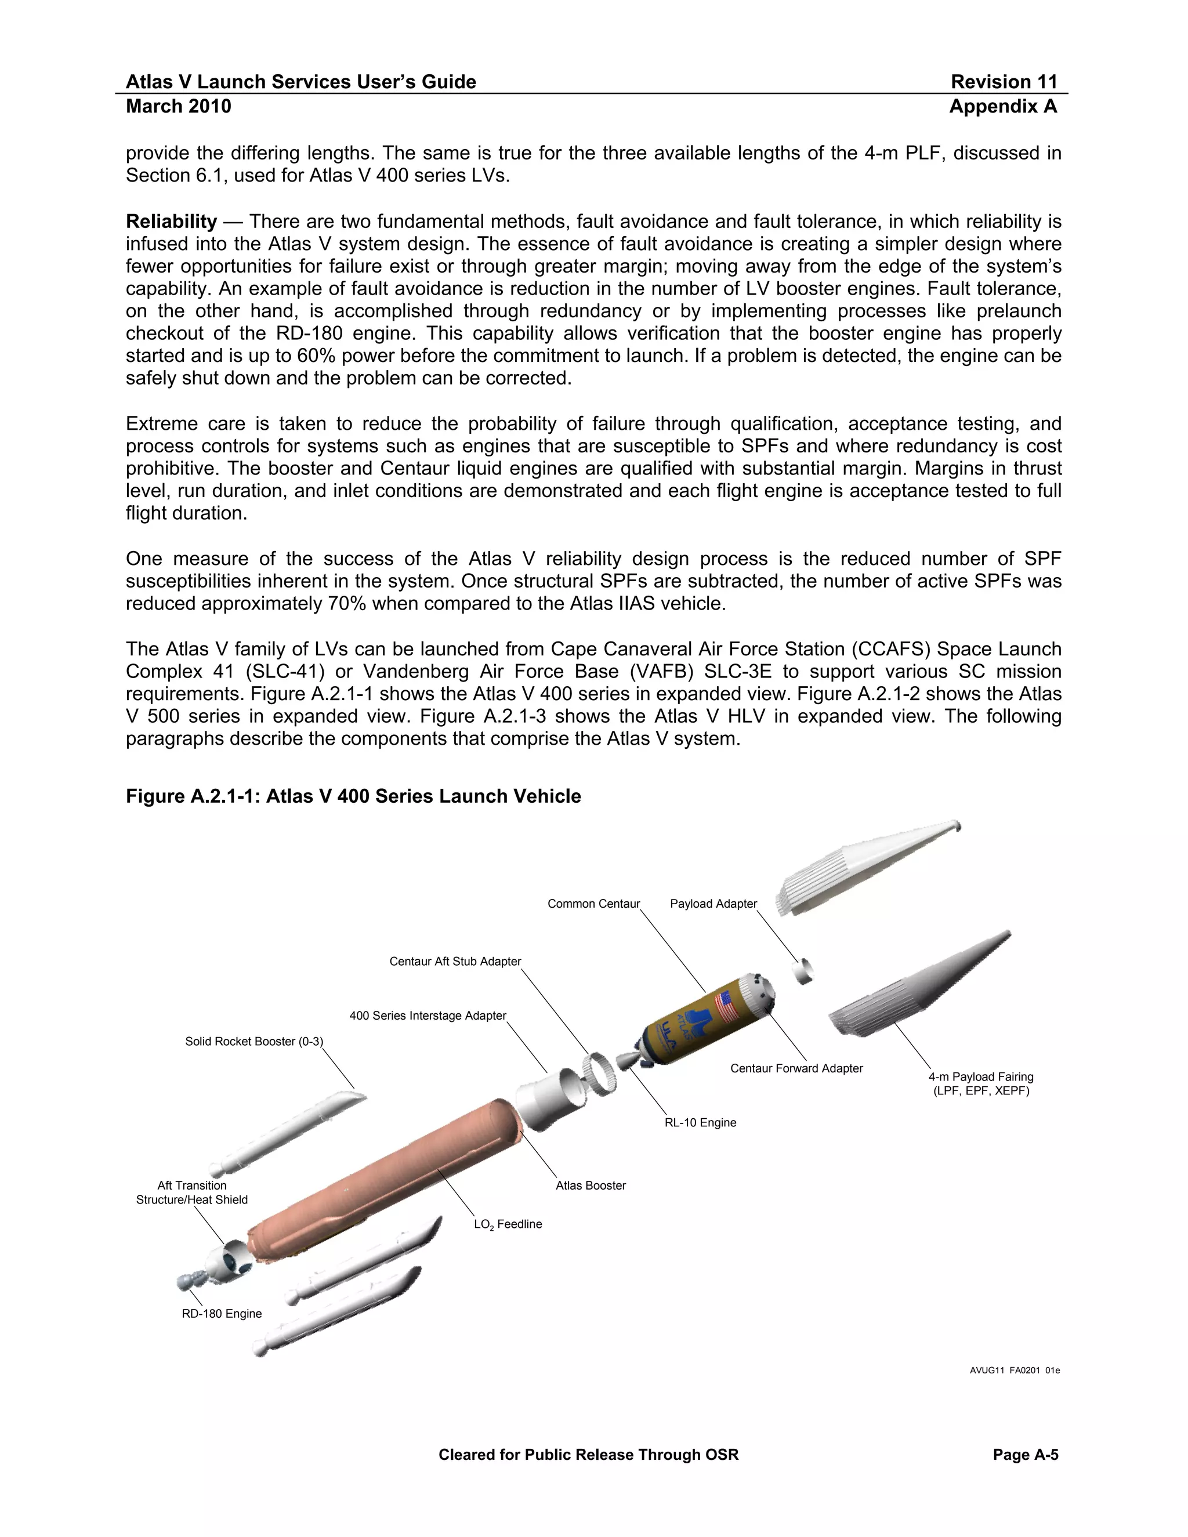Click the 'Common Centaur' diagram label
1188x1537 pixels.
tap(593, 904)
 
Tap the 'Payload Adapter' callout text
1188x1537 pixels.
tap(713, 904)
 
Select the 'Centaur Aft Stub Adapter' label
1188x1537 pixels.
tap(455, 961)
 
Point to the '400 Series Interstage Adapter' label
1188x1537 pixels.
tap(427, 1016)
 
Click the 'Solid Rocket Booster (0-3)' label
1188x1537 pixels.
tap(253, 1042)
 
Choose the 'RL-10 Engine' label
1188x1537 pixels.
tap(700, 1122)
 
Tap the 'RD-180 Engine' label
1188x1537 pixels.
tap(221, 1314)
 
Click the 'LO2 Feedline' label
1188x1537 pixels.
tap(508, 1224)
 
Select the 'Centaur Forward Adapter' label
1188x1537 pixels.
tap(796, 1068)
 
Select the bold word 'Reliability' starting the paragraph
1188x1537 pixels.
tap(171, 222)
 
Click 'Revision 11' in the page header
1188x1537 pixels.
tap(1004, 82)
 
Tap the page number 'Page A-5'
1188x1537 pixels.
tap(1025, 1455)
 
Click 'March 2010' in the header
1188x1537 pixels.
tap(178, 106)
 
